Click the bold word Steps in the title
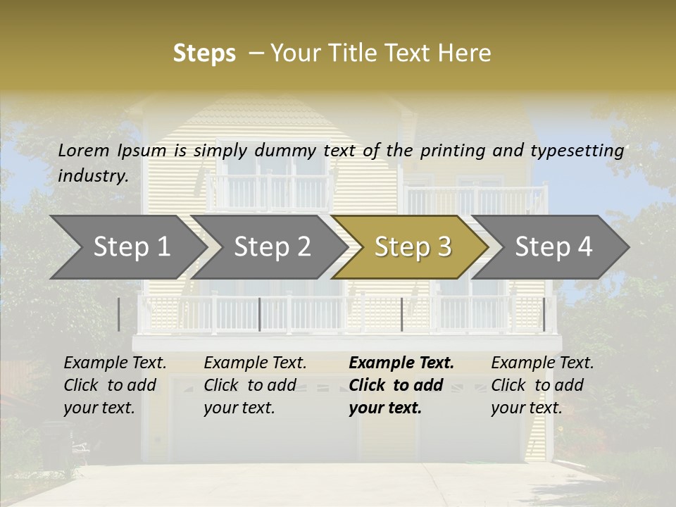pyautogui.click(x=204, y=54)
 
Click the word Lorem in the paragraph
pyautogui.click(x=84, y=150)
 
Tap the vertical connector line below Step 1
pyautogui.click(x=118, y=314)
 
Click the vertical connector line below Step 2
pyautogui.click(x=260, y=314)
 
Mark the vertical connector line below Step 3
pyautogui.click(x=401, y=314)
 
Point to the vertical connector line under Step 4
pyautogui.click(x=544, y=314)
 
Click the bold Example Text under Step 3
pyautogui.click(x=401, y=363)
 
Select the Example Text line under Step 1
pyautogui.click(x=115, y=363)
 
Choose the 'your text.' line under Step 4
pyautogui.click(x=526, y=408)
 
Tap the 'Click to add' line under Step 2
pyautogui.click(x=250, y=385)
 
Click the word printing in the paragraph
pyautogui.click(x=453, y=150)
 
